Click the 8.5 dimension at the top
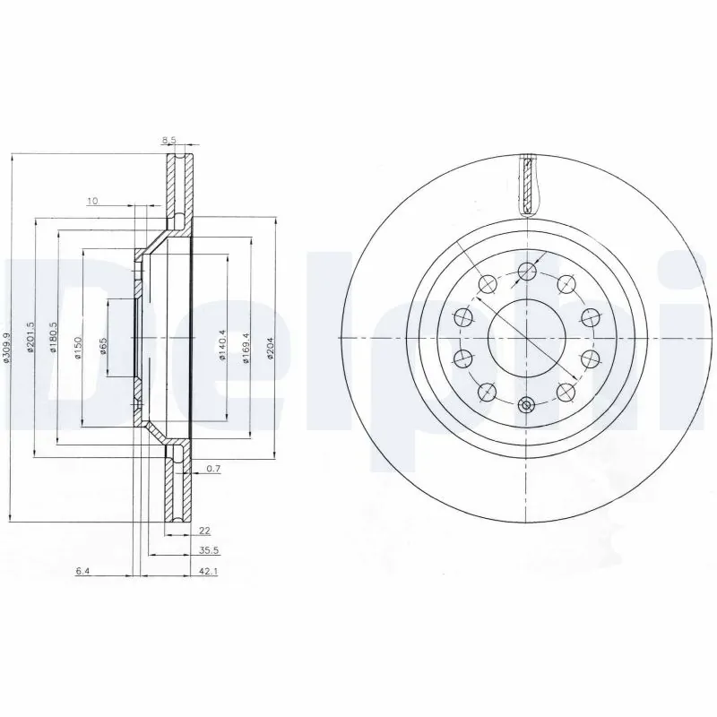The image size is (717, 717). (x=168, y=140)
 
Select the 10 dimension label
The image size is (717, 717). (x=92, y=201)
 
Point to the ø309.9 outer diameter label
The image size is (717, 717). (x=8, y=347)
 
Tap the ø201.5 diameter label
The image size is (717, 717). (x=30, y=338)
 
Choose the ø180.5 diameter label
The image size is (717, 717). (x=54, y=338)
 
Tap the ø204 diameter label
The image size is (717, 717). (x=268, y=345)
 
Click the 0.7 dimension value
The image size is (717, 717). (x=213, y=470)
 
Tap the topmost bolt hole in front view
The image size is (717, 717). (x=526, y=270)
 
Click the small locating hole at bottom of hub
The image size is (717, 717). (x=526, y=405)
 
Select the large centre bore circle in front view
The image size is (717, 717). (x=526, y=337)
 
